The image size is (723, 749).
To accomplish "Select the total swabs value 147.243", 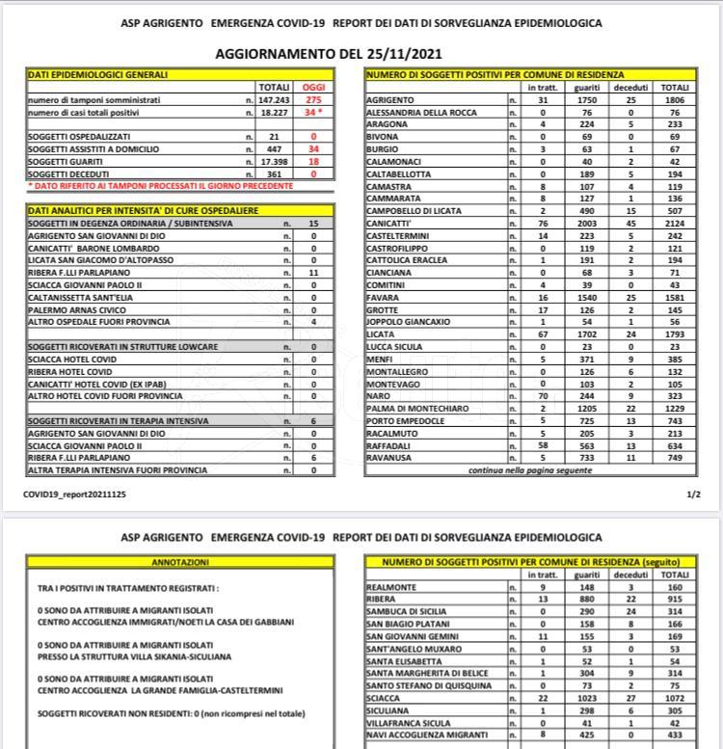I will coord(275,99).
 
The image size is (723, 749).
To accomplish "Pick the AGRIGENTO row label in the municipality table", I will coord(392,99).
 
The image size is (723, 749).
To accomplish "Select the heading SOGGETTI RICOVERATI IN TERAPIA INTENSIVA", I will coord(106,421).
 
